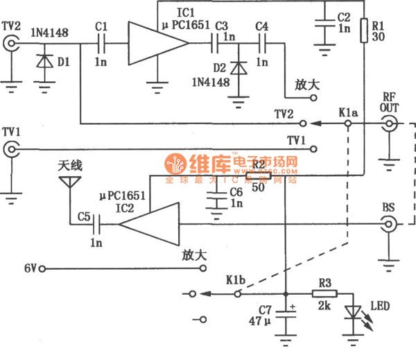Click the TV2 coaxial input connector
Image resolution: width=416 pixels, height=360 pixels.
pos(10,44)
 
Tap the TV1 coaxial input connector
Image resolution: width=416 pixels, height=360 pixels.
pos(10,149)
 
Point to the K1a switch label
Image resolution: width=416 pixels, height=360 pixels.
pos(349,112)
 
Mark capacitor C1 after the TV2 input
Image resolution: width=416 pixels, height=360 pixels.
pos(101,44)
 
